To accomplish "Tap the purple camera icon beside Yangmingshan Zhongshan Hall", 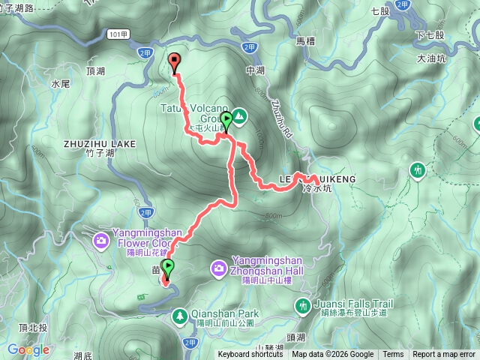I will pos(218,267).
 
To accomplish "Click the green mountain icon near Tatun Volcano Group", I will pos(238,116).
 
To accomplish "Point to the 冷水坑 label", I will pos(315,190).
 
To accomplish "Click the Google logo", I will pos(28,349).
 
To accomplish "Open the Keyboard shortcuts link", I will pos(250,355).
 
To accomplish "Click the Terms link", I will pos(393,355).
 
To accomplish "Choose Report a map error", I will pos(443,355).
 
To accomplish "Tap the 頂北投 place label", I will pos(34,328).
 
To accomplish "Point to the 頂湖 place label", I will pos(95,71).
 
